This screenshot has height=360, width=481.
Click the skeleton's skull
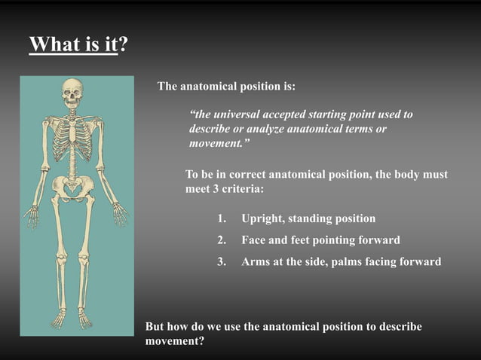[x=72, y=93]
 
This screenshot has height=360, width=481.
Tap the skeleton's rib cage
[x=72, y=139]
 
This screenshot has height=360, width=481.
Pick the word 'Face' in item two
[x=255, y=241]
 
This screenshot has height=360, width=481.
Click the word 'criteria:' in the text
[x=239, y=189]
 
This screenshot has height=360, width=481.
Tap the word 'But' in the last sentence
[x=155, y=327]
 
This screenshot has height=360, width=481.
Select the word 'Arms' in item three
[x=256, y=263]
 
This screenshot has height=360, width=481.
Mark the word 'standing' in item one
[x=317, y=219]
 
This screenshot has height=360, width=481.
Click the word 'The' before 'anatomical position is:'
[x=167, y=87]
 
